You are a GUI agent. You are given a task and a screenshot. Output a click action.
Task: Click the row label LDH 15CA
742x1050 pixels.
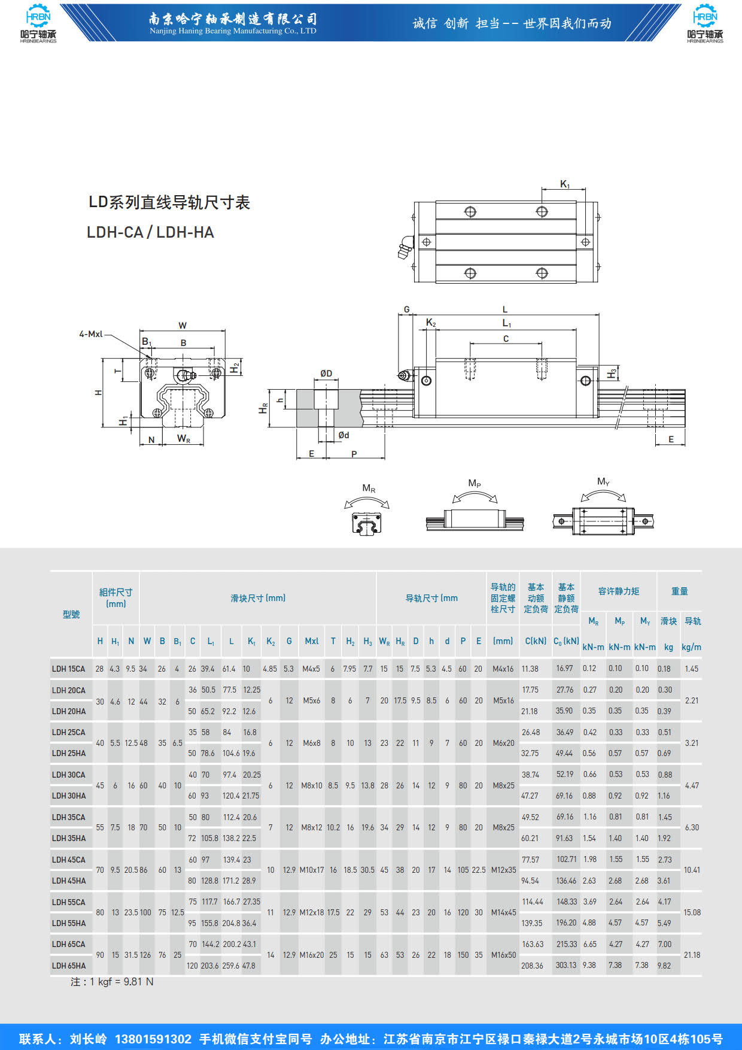68,669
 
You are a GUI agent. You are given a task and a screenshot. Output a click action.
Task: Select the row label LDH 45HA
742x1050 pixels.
68,881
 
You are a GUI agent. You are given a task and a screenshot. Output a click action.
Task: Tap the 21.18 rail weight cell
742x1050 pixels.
692,955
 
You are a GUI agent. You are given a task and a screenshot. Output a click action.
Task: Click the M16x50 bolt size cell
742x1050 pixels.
503,955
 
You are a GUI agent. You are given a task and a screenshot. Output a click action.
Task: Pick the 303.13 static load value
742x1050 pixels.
565,965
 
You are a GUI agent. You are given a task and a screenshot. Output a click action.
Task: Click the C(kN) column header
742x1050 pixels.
536,641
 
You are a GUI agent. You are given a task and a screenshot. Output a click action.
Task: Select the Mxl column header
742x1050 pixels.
311,641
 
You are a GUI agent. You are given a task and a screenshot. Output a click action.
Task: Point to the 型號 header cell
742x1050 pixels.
71,614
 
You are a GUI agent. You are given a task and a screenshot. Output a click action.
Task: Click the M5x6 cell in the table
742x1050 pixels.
311,700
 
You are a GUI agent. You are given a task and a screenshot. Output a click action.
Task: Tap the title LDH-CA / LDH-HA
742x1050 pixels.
150,232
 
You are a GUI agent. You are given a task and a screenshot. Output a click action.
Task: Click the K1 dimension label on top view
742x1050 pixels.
565,184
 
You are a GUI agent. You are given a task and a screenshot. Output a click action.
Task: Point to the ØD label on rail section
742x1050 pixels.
326,374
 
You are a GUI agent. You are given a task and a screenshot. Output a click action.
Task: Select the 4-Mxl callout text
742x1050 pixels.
91,334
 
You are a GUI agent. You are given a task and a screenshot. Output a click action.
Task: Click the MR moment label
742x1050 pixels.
369,488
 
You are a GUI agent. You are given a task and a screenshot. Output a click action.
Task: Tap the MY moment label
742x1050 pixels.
603,481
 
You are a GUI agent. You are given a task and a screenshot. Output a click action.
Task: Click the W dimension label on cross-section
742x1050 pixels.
183,326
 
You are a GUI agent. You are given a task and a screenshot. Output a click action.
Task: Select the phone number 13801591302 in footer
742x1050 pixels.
153,1039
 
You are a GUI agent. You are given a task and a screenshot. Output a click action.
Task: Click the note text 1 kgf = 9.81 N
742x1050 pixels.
112,982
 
